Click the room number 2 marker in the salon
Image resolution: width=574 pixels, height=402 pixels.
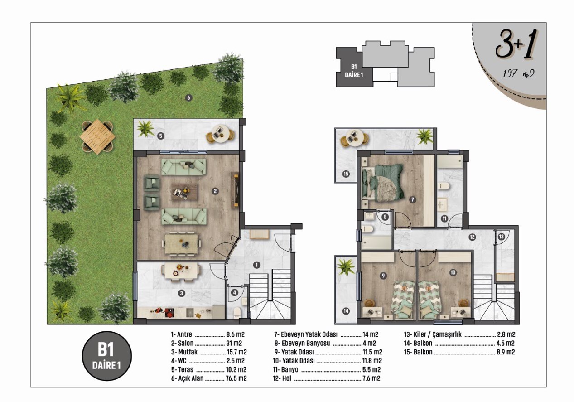(215, 191)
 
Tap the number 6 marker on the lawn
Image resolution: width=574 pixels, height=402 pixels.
(188, 98)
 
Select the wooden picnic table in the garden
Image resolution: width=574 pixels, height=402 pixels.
(97, 137)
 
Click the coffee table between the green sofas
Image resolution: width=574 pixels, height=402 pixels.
(185, 192)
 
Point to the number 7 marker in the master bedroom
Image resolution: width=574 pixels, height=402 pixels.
(412, 200)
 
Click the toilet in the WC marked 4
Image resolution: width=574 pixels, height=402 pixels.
(237, 313)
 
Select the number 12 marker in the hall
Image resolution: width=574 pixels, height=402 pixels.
(472, 237)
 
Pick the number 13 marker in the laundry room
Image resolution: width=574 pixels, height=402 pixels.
(501, 237)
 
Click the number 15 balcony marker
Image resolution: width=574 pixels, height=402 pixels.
(346, 174)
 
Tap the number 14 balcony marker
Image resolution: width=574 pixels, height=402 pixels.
(346, 311)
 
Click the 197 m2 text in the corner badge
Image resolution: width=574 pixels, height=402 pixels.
(518, 74)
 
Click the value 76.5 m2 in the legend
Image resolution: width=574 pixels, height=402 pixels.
(236, 378)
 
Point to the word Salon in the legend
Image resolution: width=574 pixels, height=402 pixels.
(186, 343)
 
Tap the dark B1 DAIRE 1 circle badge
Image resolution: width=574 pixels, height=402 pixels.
(107, 356)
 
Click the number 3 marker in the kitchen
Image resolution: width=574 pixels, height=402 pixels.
(182, 293)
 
